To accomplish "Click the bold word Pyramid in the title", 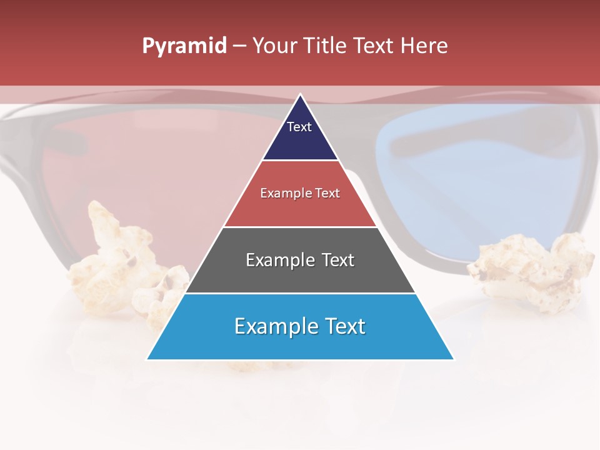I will point(184,46).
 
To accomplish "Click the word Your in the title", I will point(275,46).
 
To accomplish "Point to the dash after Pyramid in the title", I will point(239,46).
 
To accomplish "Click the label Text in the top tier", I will point(299,127).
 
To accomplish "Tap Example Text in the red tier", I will point(300,193).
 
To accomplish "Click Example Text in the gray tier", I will point(300,260).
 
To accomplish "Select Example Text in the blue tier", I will point(300,326).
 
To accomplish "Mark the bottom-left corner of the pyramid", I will point(147,359).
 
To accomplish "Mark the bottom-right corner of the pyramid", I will point(453,359).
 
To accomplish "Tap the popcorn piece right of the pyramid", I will point(531,269).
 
